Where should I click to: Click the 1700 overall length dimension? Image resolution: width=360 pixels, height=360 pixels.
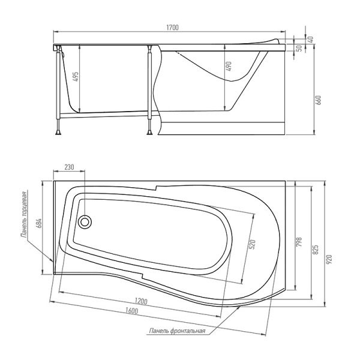[x=172, y=28]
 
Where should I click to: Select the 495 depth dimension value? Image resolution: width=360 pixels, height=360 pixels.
[x=76, y=76]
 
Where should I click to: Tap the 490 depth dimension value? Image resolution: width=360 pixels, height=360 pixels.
[x=229, y=66]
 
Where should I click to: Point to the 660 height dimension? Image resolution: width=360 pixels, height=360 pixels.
[x=319, y=100]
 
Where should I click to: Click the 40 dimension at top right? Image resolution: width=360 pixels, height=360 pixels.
[x=311, y=40]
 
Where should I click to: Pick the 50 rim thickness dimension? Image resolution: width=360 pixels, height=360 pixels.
[x=299, y=48]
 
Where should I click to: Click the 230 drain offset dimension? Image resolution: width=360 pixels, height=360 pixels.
[x=69, y=167]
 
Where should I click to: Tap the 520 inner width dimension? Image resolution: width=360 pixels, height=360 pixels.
[x=253, y=245]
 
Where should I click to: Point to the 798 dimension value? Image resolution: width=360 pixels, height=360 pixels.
[x=299, y=242]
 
